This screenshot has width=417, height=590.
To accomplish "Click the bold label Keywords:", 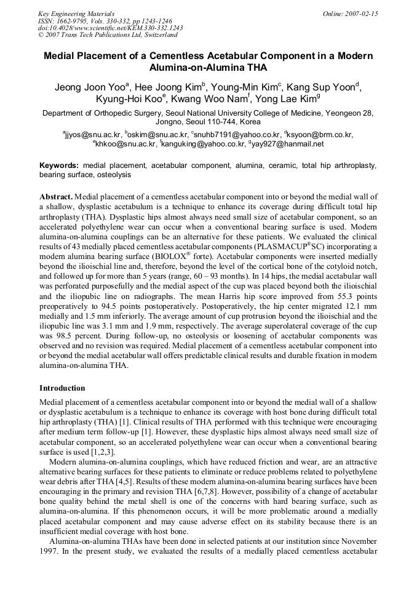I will [x=59, y=166].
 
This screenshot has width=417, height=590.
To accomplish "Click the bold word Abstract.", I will [x=55, y=196].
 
